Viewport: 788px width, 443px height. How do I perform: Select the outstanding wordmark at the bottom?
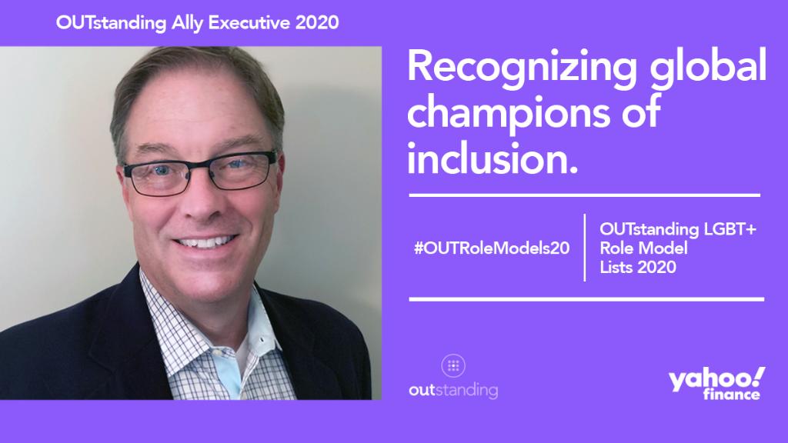[453, 390]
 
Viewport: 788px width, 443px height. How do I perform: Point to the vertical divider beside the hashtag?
[585, 248]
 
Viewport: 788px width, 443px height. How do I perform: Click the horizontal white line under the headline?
[585, 195]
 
